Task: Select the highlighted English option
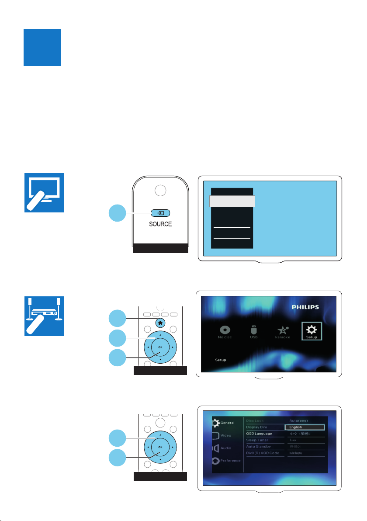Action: (x=304, y=427)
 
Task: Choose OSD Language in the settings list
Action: (x=260, y=434)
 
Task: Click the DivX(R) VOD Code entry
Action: (x=263, y=453)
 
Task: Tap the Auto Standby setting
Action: (x=259, y=447)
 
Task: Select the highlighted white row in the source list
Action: (x=232, y=201)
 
